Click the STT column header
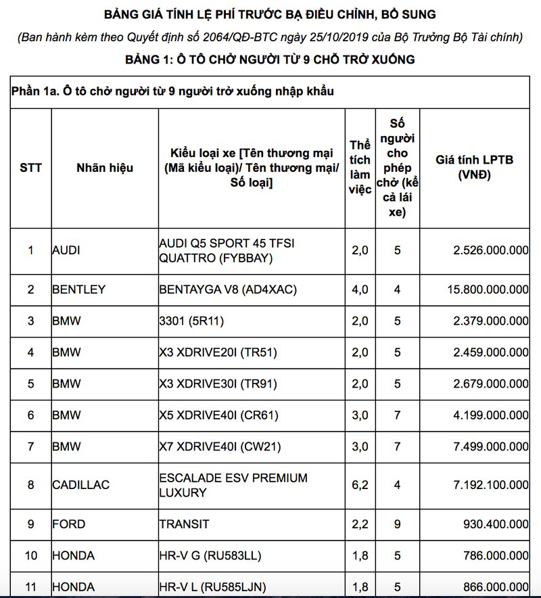(x=30, y=168)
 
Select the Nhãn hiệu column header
(x=105, y=168)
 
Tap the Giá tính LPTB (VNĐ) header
(x=475, y=167)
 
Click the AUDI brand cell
(x=66, y=250)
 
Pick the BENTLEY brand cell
(x=79, y=290)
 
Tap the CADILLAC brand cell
(x=80, y=485)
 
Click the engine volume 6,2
(x=360, y=485)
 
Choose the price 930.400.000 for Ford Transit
(x=491, y=524)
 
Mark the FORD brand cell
(x=68, y=524)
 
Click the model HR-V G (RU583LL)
(x=210, y=556)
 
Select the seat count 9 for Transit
(x=398, y=524)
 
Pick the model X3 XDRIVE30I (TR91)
(x=218, y=384)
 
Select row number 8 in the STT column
(x=30, y=485)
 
